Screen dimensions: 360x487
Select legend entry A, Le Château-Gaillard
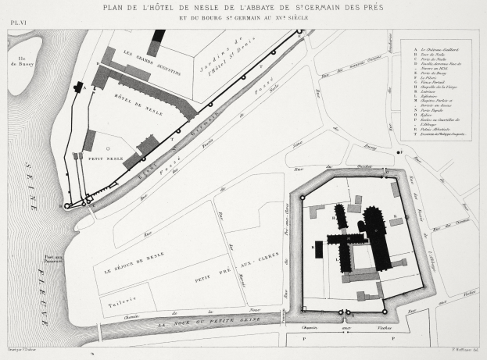(x=434, y=48)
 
